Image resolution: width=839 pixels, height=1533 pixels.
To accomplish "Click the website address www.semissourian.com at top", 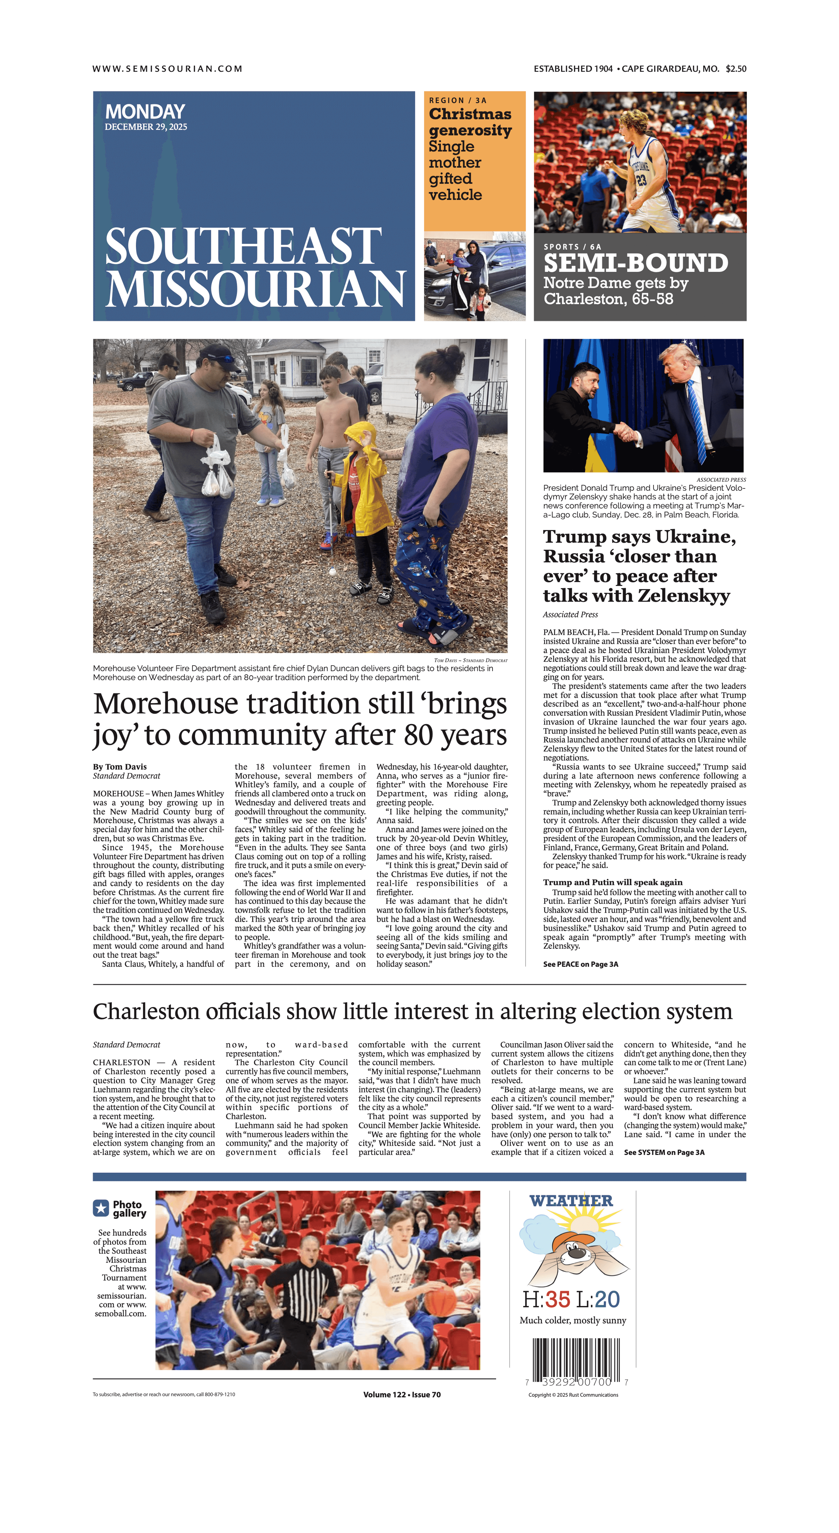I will click(x=167, y=69).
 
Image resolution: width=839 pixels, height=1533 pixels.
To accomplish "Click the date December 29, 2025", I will click(x=146, y=127).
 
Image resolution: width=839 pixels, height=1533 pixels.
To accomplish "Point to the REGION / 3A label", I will click(x=458, y=101).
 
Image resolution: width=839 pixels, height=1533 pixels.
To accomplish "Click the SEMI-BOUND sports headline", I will click(x=636, y=263).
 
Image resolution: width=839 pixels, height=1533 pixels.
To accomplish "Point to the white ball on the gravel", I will click(x=333, y=572).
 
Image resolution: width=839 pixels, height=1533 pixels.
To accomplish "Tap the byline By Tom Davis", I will click(x=120, y=767).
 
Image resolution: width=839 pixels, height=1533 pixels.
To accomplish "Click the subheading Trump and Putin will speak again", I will click(x=612, y=882).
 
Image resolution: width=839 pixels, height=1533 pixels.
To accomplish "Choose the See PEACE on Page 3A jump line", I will click(x=580, y=964).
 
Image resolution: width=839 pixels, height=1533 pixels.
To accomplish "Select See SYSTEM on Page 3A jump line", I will click(x=664, y=1152).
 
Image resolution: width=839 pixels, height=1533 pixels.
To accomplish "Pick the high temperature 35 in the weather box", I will click(x=557, y=1299).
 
